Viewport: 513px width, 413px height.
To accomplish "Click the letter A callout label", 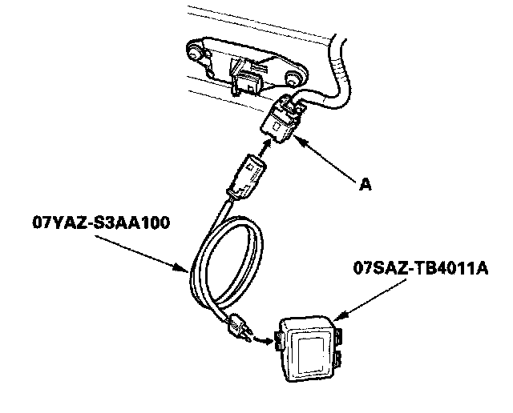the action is pos(366,185).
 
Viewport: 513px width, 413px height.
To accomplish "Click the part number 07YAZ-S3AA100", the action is pos(96,222).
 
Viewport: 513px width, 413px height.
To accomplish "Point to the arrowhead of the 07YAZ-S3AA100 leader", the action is pos(189,273).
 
